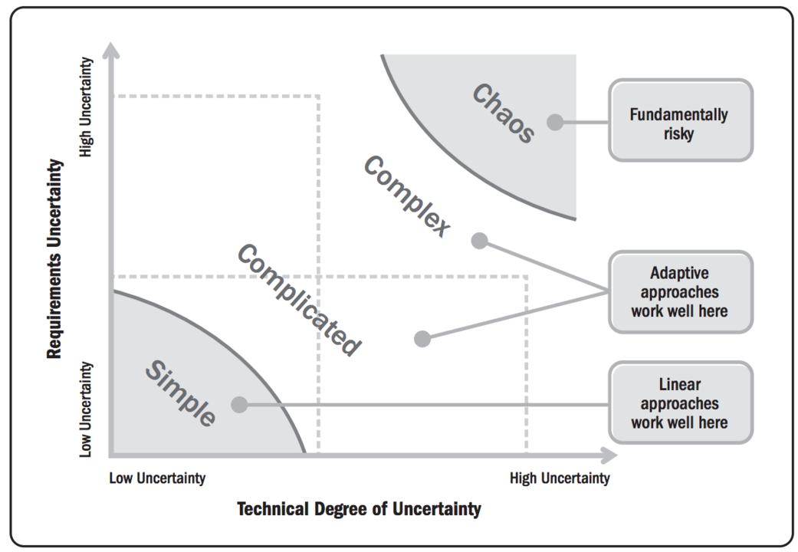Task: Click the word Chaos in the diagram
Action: click(x=502, y=113)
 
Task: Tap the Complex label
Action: click(x=406, y=196)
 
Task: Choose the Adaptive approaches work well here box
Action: click(x=680, y=291)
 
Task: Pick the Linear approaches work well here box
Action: click(x=680, y=402)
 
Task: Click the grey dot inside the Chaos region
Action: click(x=554, y=121)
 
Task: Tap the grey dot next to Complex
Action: click(x=479, y=241)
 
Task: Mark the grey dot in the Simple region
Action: click(x=239, y=404)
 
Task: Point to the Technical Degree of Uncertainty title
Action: click(x=359, y=509)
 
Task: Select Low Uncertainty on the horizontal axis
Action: click(x=157, y=478)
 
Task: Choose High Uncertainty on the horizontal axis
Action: click(x=560, y=478)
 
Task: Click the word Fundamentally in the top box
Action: click(x=679, y=114)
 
